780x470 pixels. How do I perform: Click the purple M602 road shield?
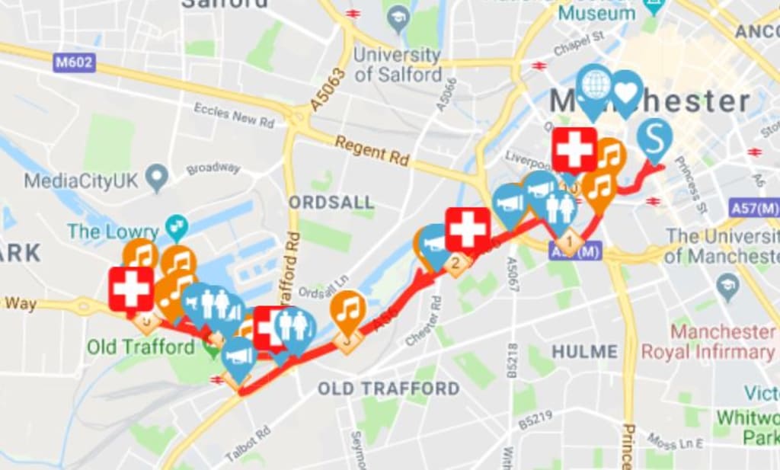[74, 62]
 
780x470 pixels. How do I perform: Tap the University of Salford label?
[398, 65]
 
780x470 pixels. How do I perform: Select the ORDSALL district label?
[331, 203]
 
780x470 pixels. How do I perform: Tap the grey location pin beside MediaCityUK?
[158, 177]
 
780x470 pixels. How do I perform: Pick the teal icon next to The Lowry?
[177, 225]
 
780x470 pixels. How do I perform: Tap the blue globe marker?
[594, 84]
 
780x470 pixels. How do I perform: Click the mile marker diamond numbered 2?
[457, 264]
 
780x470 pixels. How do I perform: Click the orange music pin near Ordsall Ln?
[347, 311]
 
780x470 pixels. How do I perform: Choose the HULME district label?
[584, 351]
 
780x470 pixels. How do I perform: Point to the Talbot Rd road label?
[248, 444]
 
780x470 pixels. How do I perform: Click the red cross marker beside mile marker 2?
[468, 229]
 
